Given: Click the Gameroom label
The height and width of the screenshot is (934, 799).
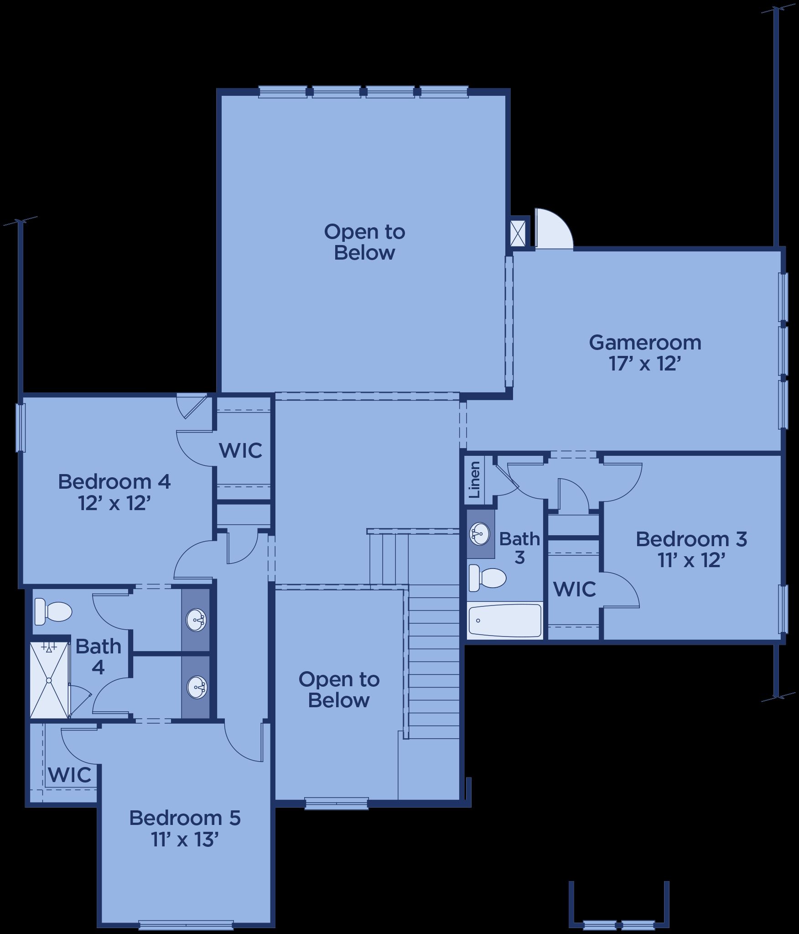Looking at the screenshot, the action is (x=645, y=343).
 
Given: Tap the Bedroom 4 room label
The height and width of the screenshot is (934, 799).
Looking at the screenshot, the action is (x=114, y=482).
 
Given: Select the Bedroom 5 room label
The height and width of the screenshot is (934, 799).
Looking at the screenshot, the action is (x=185, y=818).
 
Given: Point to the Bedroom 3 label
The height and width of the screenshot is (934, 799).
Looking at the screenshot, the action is (x=691, y=539).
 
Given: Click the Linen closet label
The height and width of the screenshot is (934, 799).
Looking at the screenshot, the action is (x=475, y=480).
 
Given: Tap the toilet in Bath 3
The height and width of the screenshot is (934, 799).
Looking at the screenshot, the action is (x=488, y=578).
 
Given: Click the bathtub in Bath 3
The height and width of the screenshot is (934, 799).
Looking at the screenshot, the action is (x=505, y=620).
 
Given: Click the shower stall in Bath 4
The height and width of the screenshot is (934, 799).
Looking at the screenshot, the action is (x=49, y=680).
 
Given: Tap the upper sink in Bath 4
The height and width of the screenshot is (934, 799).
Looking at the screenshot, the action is (x=197, y=620).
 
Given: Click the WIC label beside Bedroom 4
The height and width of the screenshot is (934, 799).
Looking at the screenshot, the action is (x=241, y=450).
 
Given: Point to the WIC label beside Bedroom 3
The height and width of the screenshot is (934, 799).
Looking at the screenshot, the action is (x=575, y=589).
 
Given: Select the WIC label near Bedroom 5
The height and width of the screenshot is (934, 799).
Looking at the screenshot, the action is (x=70, y=774).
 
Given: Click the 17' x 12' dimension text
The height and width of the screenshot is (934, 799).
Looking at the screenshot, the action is (x=645, y=364).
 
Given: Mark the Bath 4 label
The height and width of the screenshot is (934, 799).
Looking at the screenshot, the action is (x=99, y=657).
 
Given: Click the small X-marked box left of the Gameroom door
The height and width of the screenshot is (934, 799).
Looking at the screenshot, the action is (x=519, y=234).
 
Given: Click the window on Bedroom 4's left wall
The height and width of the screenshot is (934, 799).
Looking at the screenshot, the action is (x=20, y=428).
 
